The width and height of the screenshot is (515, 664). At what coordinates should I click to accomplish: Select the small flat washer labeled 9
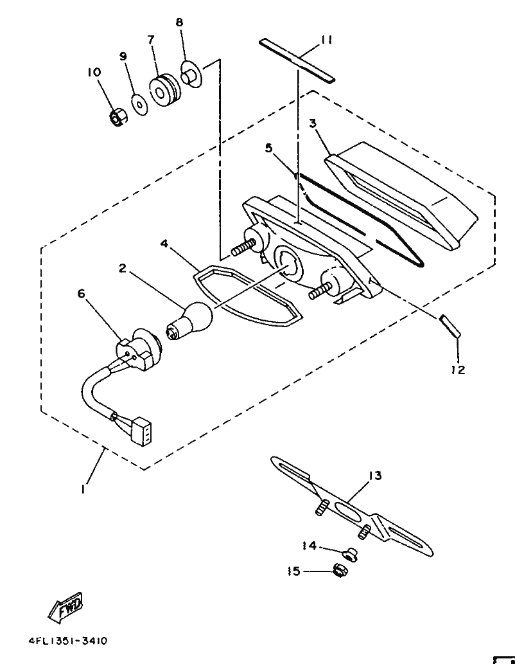coord(139,103)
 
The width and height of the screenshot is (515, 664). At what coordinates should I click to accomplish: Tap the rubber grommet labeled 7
coord(164,91)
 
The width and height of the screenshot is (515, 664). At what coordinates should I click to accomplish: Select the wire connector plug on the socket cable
coord(141,432)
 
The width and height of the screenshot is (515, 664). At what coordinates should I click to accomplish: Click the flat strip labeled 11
coord(297,60)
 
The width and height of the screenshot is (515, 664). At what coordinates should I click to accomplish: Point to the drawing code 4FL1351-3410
coord(68,641)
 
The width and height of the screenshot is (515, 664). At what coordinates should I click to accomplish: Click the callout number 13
coord(375,476)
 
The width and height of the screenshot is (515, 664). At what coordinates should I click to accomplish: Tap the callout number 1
coord(83,489)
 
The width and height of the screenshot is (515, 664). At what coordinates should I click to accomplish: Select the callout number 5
coord(268,148)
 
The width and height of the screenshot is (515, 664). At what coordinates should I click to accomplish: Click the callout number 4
coord(164,244)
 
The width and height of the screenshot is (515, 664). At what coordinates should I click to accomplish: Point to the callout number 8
coord(179,22)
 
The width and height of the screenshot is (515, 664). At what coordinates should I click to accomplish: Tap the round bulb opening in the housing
coord(288,264)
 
